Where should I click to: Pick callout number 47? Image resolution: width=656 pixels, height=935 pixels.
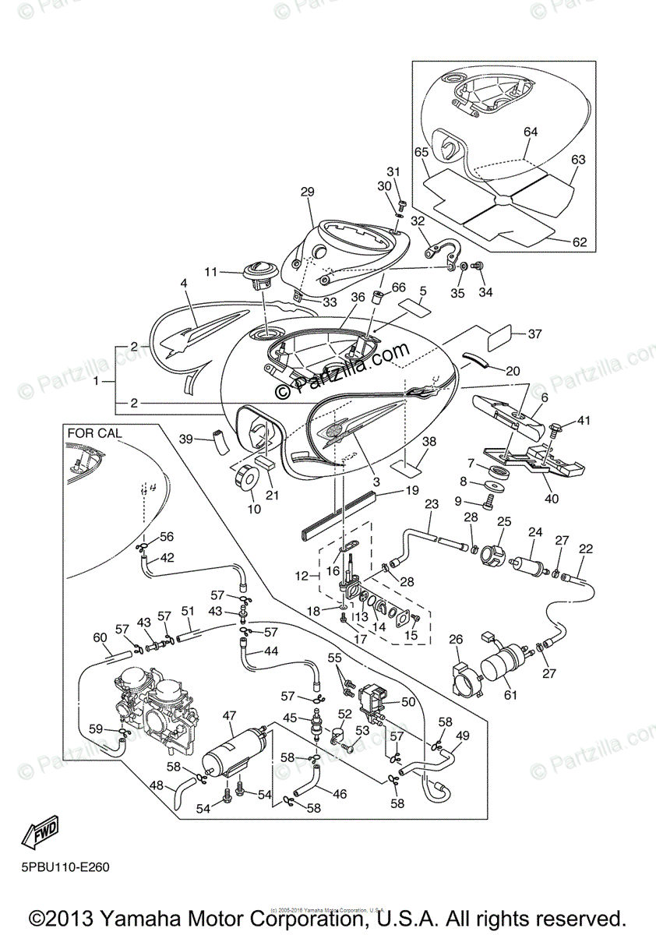point(229,714)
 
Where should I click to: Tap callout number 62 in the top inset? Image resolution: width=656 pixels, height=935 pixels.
point(580,242)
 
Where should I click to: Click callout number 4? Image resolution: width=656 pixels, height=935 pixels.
point(184,284)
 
